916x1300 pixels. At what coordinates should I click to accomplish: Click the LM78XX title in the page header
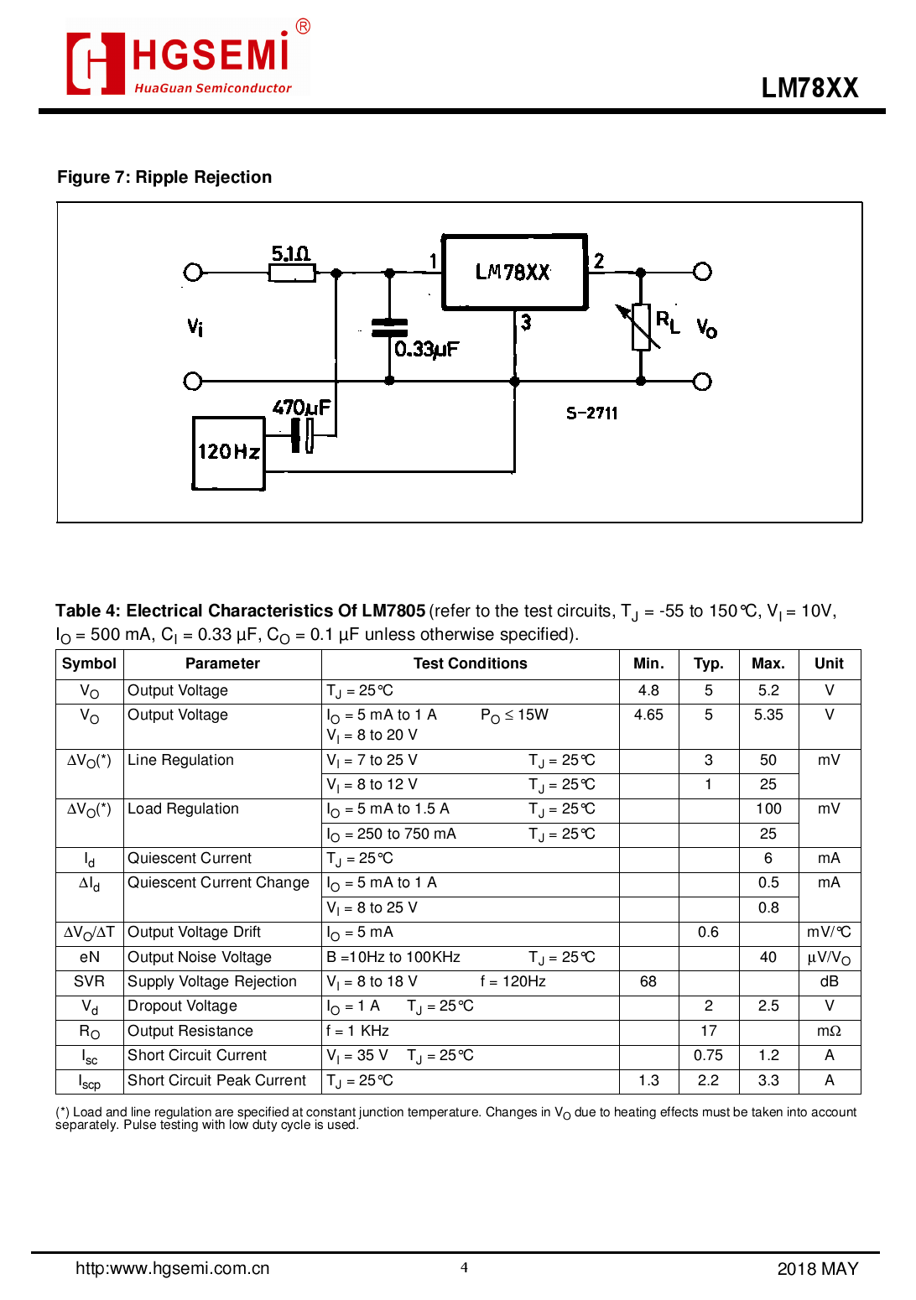pos(809,88)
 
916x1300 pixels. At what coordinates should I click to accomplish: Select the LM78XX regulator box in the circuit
pos(514,272)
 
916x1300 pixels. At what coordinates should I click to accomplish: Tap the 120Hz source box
pos(228,453)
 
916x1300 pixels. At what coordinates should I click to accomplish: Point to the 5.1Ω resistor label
pos(290,253)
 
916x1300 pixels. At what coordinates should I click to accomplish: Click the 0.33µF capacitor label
pos(426,349)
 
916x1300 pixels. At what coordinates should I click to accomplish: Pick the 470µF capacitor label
pos(301,408)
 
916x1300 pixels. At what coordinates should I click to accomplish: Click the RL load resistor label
pos(668,321)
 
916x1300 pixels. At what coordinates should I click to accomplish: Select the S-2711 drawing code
pos(591,413)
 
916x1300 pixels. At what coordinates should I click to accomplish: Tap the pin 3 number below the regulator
pos(526,322)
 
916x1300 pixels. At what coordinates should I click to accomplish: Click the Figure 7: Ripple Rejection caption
pos(164,177)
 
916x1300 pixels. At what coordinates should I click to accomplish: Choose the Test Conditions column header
pos(470,663)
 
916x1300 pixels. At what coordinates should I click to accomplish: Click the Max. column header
pos(768,663)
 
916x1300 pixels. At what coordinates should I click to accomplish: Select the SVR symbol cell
pos(89,981)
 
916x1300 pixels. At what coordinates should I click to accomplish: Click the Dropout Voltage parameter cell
pos(182,1006)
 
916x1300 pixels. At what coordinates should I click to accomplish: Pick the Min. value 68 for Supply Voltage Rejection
pos(648,981)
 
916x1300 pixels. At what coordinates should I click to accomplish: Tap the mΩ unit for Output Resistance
pos(829,1031)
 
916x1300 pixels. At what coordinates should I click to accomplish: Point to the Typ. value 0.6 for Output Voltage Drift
pos(708,932)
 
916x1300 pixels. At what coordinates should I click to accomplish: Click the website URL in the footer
pos(172,1268)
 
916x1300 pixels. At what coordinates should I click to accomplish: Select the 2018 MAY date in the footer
pos(817,1269)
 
